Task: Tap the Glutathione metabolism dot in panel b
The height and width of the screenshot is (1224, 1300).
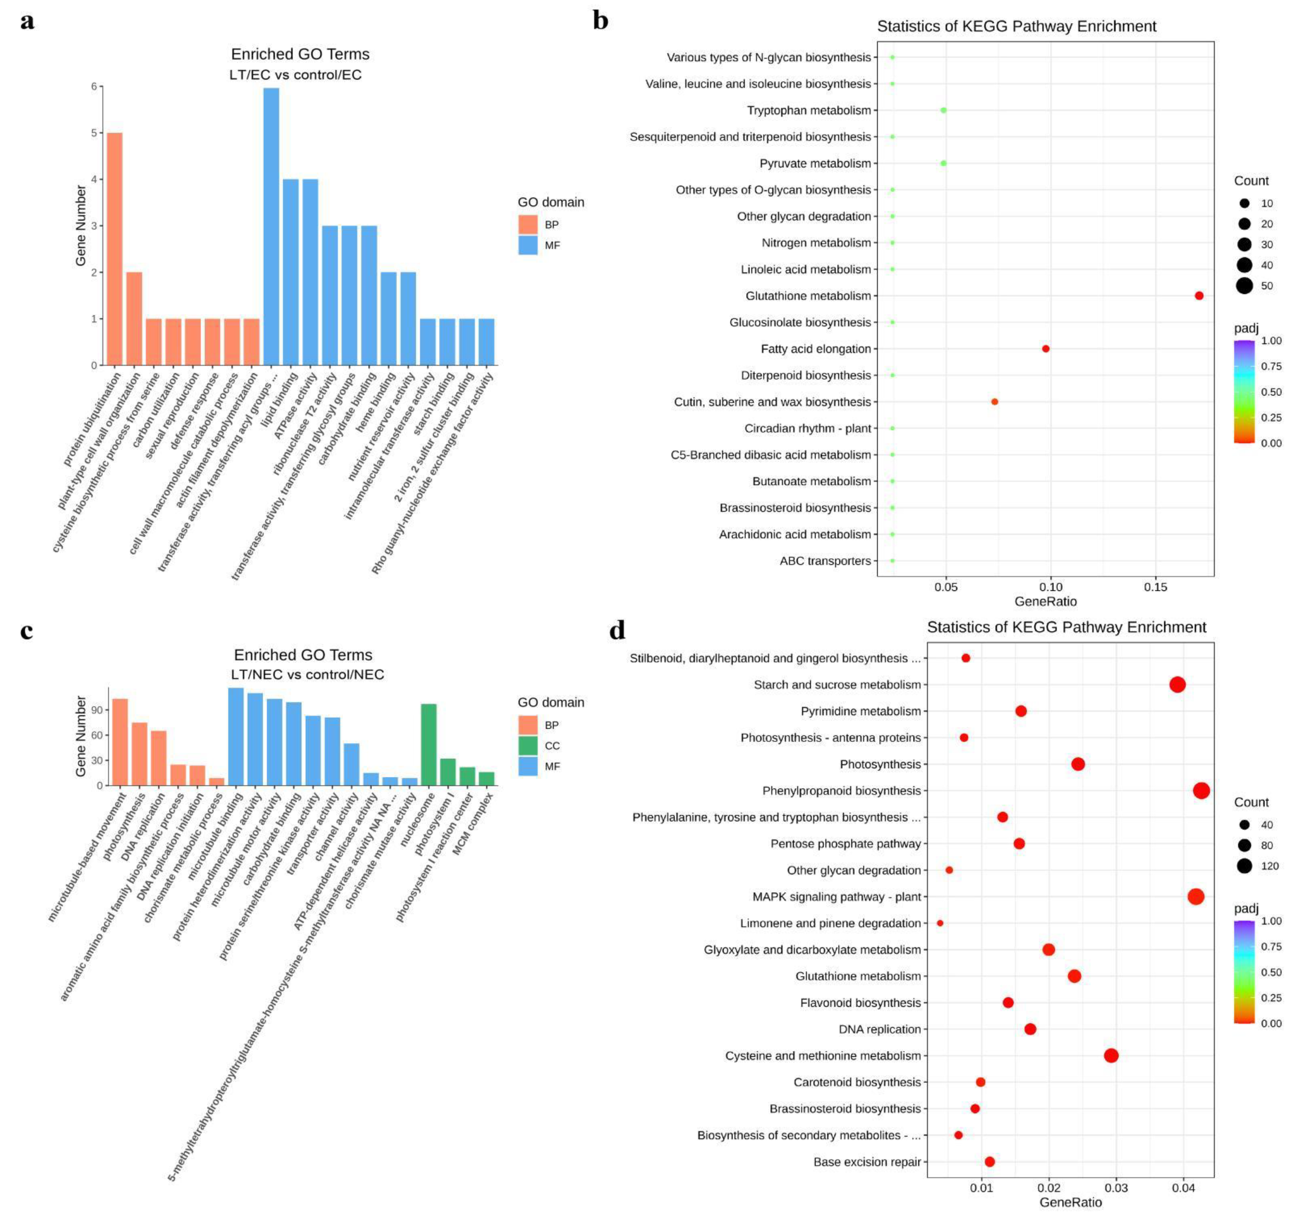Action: point(1199,295)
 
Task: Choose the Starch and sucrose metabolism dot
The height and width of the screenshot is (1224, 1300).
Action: point(1177,684)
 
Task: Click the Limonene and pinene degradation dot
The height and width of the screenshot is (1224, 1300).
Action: point(940,923)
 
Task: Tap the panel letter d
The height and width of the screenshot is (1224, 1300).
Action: point(617,629)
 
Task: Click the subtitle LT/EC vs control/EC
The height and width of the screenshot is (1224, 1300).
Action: point(295,74)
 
